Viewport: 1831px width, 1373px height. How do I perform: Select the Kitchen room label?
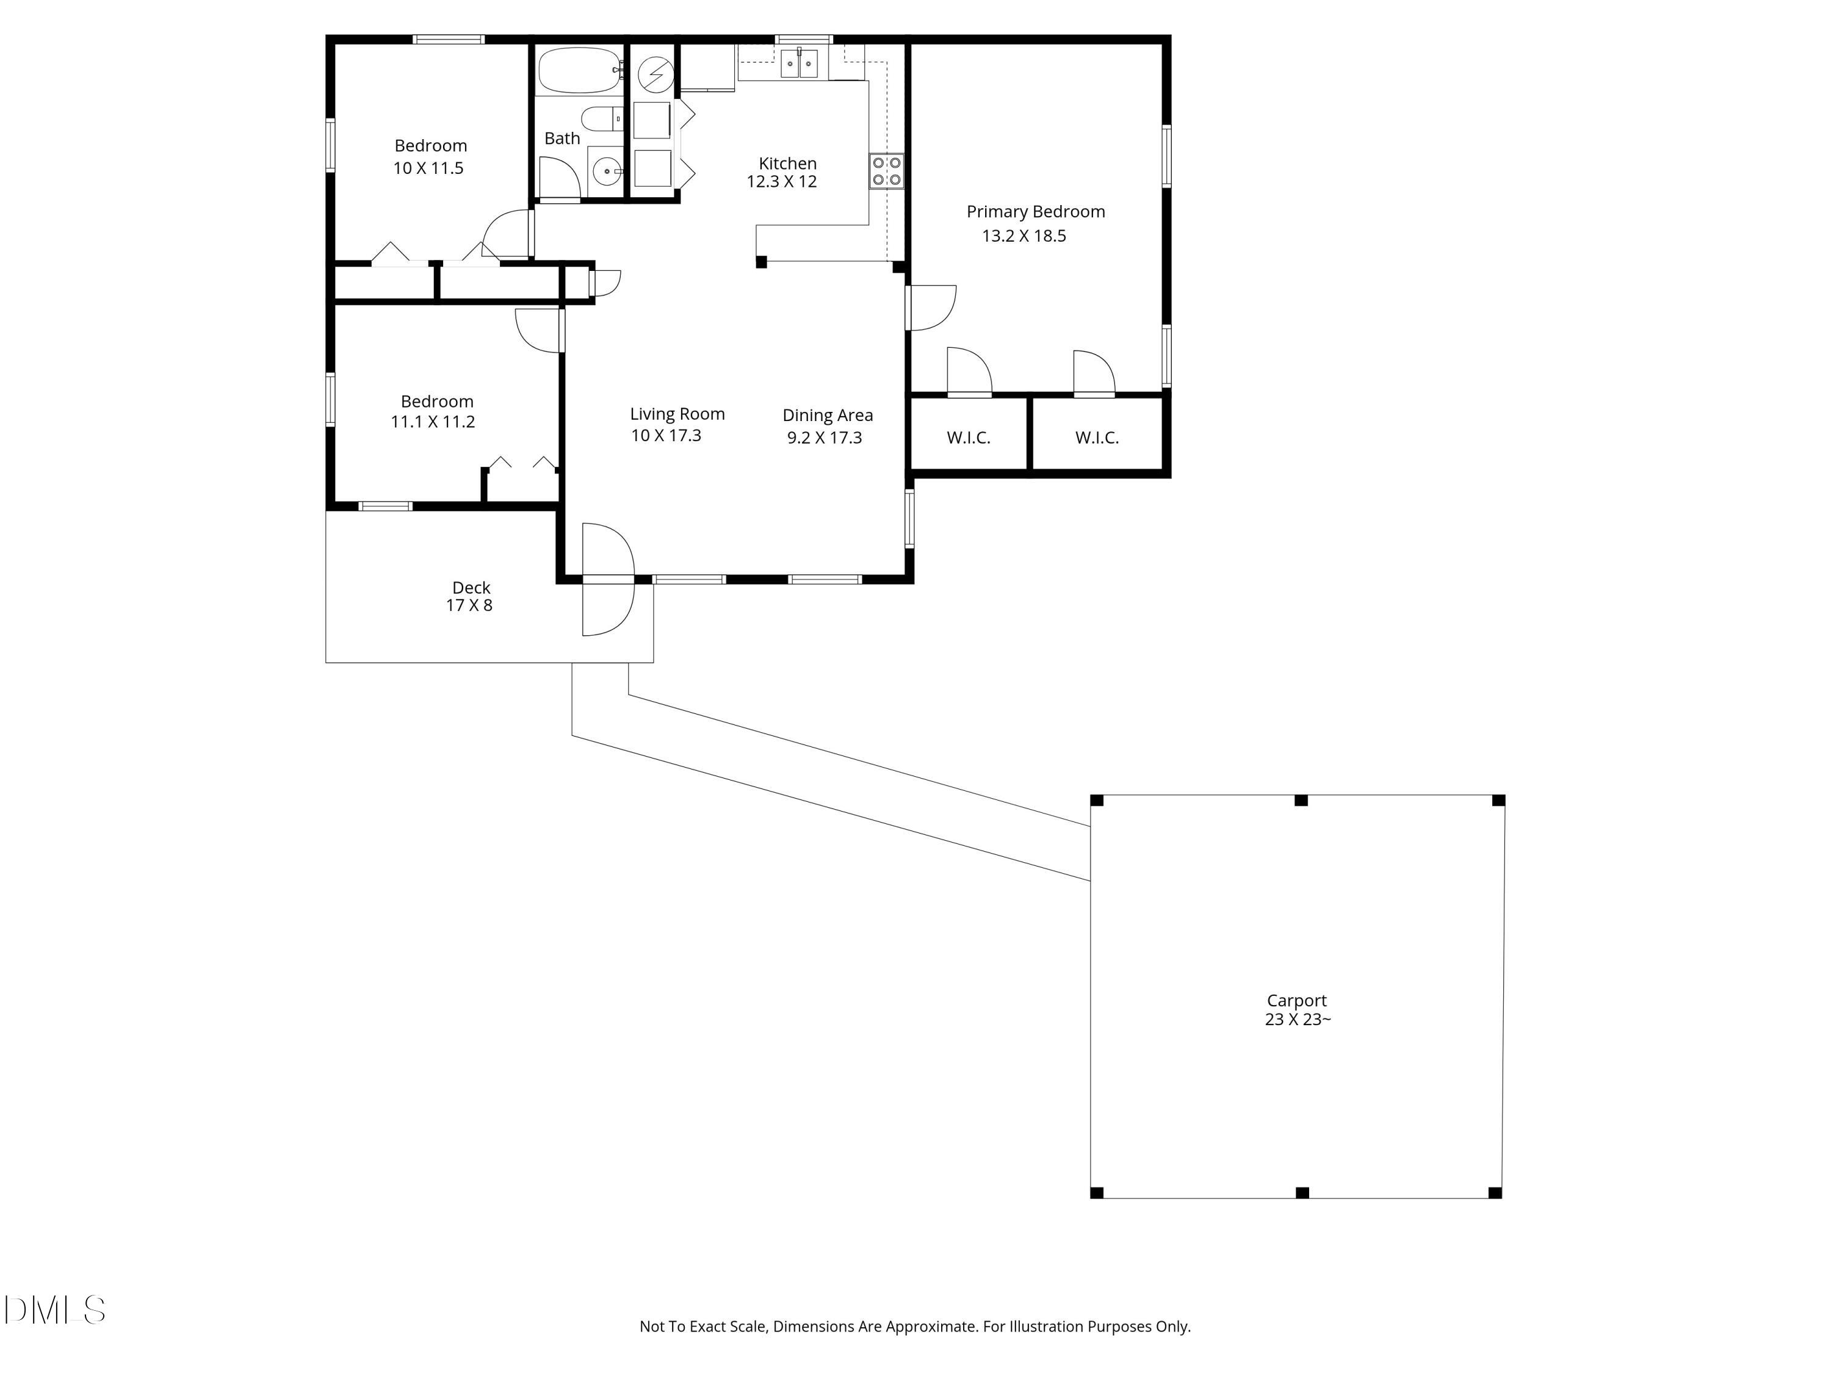pyautogui.click(x=787, y=164)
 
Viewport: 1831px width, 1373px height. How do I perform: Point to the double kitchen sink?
pyautogui.click(x=799, y=63)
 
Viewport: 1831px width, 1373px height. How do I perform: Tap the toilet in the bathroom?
pyautogui.click(x=602, y=118)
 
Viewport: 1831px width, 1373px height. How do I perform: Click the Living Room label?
pyautogui.click(x=676, y=414)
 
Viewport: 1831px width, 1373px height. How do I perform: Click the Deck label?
pyautogui.click(x=471, y=588)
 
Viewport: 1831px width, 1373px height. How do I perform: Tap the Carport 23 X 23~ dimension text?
pyautogui.click(x=1297, y=1020)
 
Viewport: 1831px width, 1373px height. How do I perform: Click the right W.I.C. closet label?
pyautogui.click(x=1096, y=438)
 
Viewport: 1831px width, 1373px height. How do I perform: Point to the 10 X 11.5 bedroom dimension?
pyautogui.click(x=427, y=168)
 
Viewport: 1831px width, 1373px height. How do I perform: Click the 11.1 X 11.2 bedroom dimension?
pyautogui.click(x=432, y=422)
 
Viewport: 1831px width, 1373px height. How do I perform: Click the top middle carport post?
pyautogui.click(x=1301, y=800)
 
